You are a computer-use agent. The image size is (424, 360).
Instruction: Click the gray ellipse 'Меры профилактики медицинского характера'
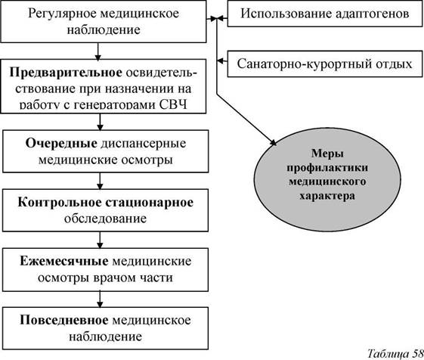coord(327,179)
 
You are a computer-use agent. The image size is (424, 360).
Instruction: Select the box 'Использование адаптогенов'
coord(325,14)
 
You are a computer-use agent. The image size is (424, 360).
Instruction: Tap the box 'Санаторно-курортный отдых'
coord(325,64)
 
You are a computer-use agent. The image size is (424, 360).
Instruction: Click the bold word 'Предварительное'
coord(66,73)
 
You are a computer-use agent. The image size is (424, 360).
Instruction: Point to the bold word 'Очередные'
coord(61,143)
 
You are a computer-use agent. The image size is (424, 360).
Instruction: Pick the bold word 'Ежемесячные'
coord(64,261)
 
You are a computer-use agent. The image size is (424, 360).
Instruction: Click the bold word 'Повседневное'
coord(64,320)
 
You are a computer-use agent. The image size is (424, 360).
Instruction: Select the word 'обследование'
coord(105,219)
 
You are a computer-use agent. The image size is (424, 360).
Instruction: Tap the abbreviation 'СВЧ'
coord(173,105)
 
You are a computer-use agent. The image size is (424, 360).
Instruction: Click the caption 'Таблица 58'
coord(395,353)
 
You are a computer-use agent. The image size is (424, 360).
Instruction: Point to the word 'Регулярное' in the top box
coord(62,14)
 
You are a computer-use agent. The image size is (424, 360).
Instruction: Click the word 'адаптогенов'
coord(373,14)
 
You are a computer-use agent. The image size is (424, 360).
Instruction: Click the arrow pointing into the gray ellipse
coord(246,119)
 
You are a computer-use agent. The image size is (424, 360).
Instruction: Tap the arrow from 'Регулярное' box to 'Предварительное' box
coord(98,51)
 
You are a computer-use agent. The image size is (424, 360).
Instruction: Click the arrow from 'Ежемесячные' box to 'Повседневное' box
coord(100,299)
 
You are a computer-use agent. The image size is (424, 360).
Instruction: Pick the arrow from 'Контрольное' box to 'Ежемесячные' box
coord(100,240)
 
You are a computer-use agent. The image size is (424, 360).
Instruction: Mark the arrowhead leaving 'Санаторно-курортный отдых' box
coord(220,61)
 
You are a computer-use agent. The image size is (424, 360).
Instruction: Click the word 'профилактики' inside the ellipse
coord(327,169)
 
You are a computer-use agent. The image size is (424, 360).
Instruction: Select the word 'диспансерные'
coord(144,144)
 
